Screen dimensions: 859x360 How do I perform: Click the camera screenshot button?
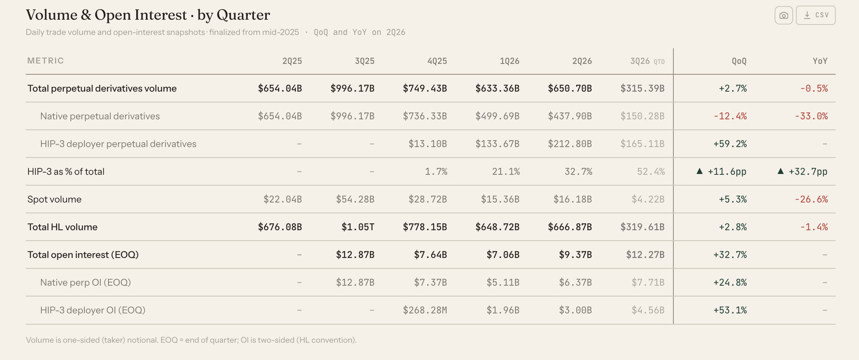pos(783,15)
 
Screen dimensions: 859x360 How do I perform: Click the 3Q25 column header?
pos(364,61)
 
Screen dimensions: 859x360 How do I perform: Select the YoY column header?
pos(820,61)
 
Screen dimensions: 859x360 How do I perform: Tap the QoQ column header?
pos(739,61)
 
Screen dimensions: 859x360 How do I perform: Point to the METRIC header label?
pos(45,61)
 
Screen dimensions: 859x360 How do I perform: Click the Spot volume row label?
pos(54,199)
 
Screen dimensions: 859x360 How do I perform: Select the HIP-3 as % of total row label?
pos(66,172)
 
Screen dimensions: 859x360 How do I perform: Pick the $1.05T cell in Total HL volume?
pos(358,227)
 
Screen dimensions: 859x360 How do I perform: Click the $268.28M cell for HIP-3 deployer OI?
pos(425,310)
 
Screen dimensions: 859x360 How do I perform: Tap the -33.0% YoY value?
pos(811,116)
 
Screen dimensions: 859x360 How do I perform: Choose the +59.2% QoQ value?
pos(730,144)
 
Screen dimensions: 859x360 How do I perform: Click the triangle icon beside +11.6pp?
pos(699,171)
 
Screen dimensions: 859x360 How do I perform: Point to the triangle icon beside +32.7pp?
pos(781,171)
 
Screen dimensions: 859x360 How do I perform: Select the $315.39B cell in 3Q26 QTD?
pos(642,88)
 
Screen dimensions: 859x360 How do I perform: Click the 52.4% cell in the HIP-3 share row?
pos(651,172)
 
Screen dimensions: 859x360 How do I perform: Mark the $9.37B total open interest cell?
pos(575,255)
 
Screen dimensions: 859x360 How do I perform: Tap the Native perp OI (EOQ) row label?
pos(86,282)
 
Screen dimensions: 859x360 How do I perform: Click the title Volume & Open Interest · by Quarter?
pos(148,15)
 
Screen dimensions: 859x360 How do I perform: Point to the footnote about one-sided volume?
pos(191,340)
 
